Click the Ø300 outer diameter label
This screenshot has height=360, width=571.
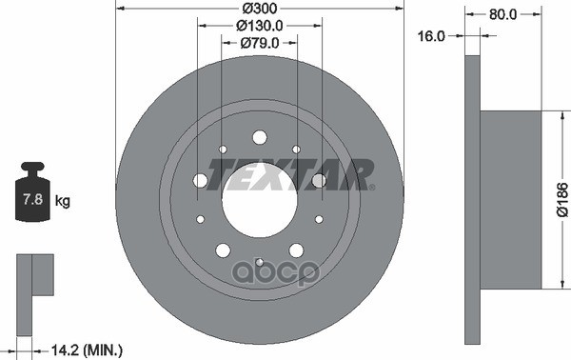point(260,9)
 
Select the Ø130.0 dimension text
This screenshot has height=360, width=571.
point(260,25)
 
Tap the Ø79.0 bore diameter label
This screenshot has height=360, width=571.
point(260,42)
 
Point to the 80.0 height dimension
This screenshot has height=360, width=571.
point(503,14)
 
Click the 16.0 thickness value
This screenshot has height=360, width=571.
point(431,35)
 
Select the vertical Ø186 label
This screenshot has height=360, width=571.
point(561,201)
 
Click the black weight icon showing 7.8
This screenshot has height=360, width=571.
point(32,197)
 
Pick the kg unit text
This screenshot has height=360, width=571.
point(64,202)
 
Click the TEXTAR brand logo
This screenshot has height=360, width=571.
point(290,174)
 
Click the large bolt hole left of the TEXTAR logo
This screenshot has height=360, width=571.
point(201,181)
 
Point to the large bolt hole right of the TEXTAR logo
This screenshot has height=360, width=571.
point(319,181)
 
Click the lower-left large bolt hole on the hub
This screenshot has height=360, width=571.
point(223,250)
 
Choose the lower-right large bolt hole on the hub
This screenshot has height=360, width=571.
point(296,250)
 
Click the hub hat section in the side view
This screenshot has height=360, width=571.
point(510,201)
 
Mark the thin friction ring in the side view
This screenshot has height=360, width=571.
point(472,201)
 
